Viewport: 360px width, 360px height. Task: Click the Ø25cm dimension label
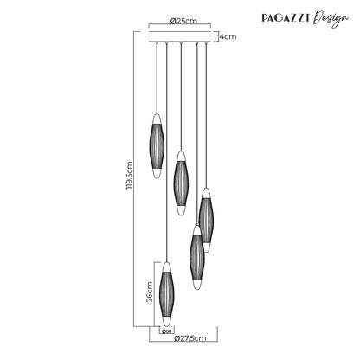pyautogui.click(x=180, y=21)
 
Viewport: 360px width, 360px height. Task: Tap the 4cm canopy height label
pyautogui.click(x=228, y=37)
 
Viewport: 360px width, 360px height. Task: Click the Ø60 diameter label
pyautogui.click(x=167, y=330)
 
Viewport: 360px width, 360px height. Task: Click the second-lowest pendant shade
pyautogui.click(x=196, y=257)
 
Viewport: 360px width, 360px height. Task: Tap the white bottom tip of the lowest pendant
pyautogui.click(x=167, y=320)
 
